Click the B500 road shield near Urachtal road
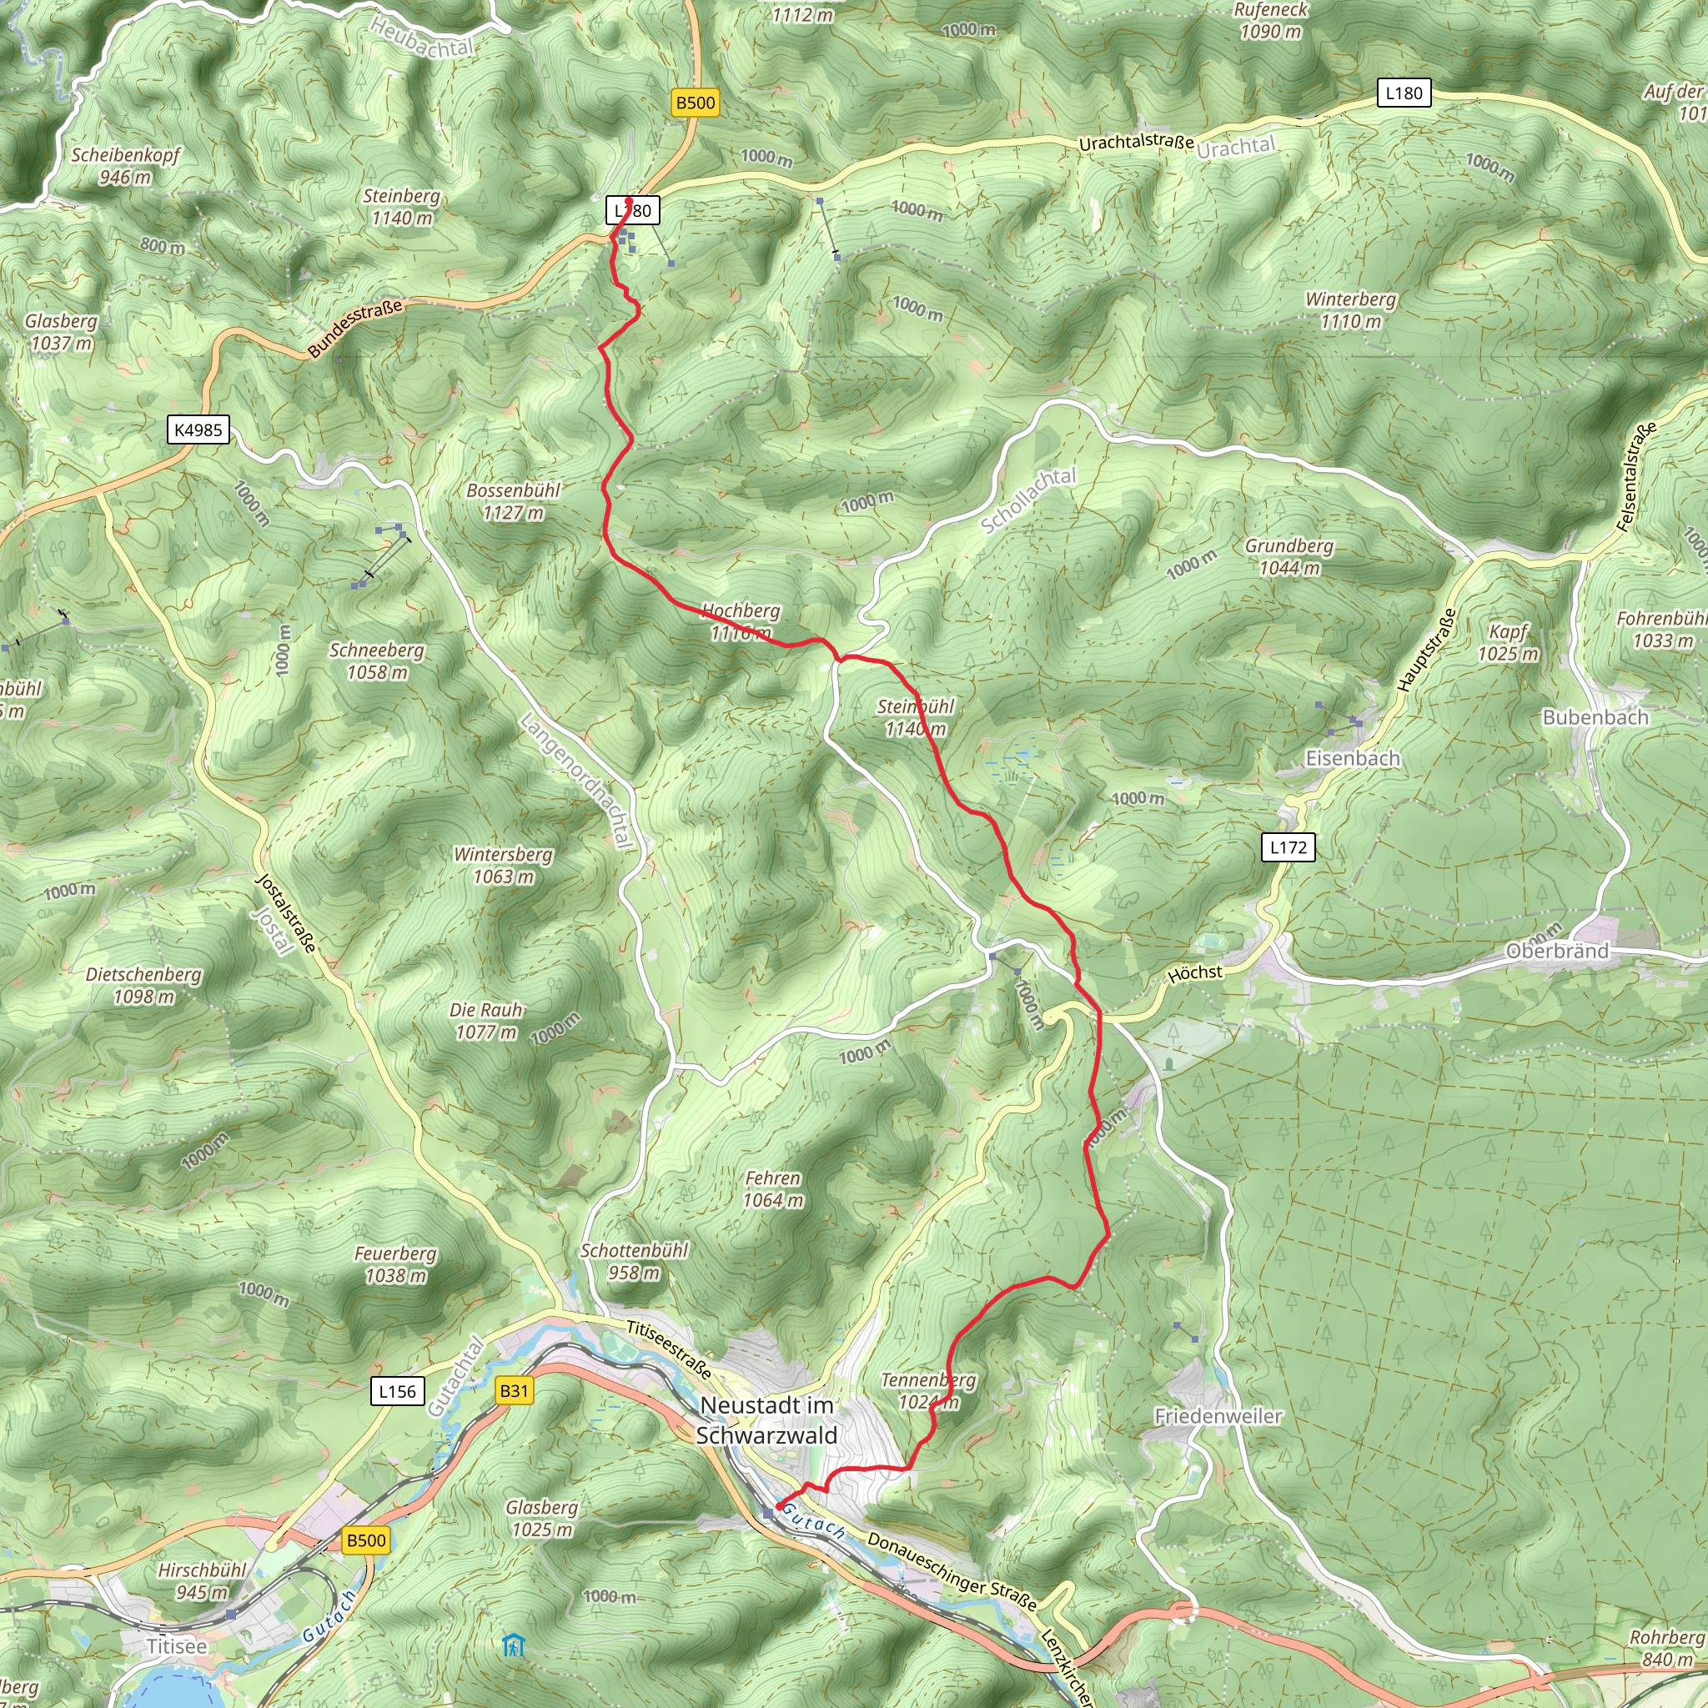(695, 103)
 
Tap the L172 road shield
(1287, 847)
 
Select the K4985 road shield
(198, 430)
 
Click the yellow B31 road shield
(514, 1390)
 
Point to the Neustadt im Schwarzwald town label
(766, 1419)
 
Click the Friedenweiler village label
(1218, 1416)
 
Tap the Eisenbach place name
(1353, 759)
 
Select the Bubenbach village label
(1595, 717)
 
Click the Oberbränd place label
(1557, 952)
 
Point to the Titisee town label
(177, 1646)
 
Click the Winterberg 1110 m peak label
(1350, 310)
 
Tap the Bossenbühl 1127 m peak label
(514, 501)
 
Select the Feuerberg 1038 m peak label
(395, 1264)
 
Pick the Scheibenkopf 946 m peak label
(126, 165)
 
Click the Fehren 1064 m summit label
(772, 1189)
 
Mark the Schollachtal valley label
(1028, 501)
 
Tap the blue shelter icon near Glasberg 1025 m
(514, 1645)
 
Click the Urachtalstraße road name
(1136, 142)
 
